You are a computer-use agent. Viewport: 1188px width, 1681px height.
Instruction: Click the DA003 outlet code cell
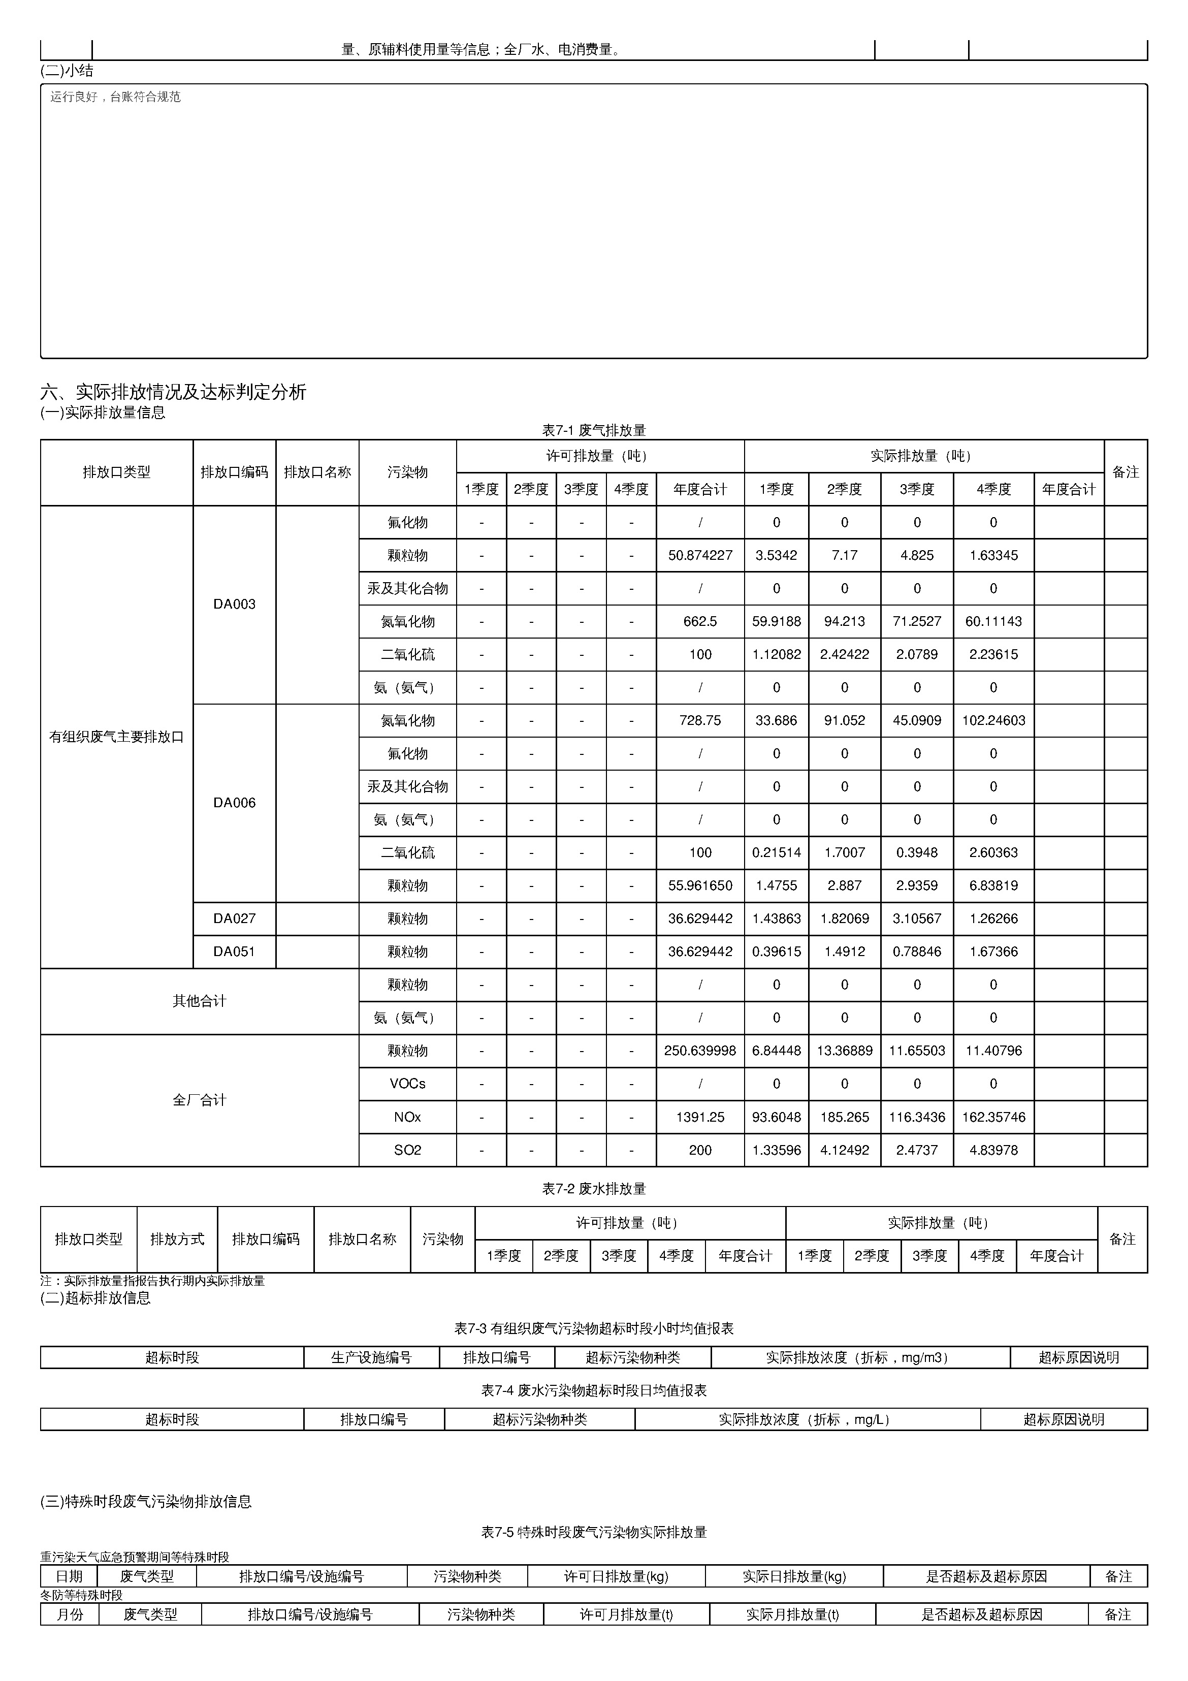coord(234,604)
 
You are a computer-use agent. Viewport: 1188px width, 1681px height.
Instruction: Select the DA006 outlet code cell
coord(234,803)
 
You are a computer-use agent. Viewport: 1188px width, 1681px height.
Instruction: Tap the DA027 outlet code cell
coord(234,918)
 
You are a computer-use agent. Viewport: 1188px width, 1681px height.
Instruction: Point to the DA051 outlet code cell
coord(234,951)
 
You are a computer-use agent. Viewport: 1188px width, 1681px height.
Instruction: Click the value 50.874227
coord(700,555)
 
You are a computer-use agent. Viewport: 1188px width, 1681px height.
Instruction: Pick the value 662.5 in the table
coord(700,621)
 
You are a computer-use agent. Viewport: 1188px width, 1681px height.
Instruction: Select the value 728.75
coord(700,720)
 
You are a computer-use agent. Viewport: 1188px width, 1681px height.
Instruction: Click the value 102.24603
coord(993,720)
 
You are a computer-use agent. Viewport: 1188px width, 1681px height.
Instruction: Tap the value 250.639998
coord(700,1051)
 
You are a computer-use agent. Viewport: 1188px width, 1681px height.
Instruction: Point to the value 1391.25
coord(700,1117)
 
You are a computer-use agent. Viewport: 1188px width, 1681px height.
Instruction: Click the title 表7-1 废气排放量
coord(594,430)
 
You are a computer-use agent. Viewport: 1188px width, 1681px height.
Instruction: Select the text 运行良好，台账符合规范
coord(115,97)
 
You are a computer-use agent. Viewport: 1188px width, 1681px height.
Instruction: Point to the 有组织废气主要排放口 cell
coord(116,737)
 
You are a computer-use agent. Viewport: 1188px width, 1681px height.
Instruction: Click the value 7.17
coord(844,555)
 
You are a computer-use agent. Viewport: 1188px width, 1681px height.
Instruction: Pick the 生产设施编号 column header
coord(371,1357)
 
